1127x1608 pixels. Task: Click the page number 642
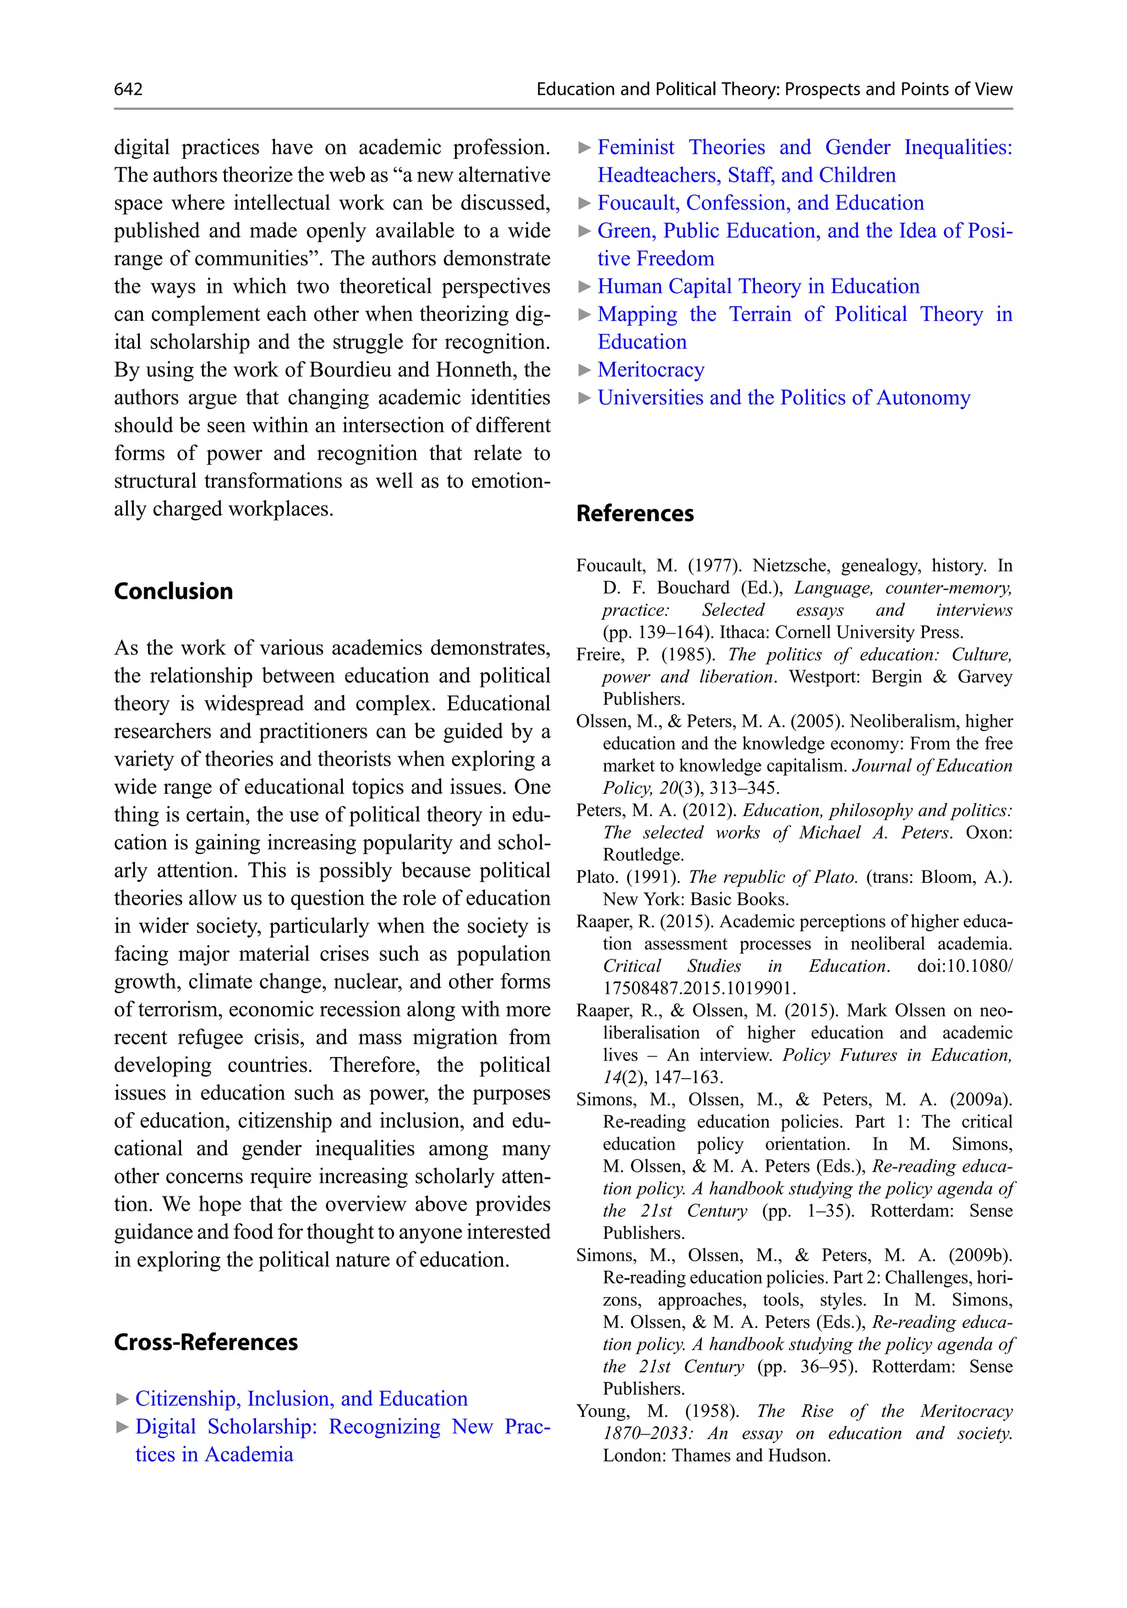click(x=128, y=89)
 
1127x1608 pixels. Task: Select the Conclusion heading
click(x=173, y=591)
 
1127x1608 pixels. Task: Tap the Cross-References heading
click(x=205, y=1342)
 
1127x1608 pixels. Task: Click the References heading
click(x=634, y=513)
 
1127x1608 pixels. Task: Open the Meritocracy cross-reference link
click(x=650, y=370)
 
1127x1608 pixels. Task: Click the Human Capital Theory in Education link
click(x=758, y=287)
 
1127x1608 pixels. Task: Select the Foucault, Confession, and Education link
click(x=760, y=203)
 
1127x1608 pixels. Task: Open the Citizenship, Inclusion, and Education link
click(x=301, y=1398)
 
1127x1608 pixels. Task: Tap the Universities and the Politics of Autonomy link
click(x=783, y=398)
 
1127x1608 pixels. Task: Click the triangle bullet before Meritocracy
click(x=584, y=370)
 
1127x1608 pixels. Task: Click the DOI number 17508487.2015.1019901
click(x=699, y=988)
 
